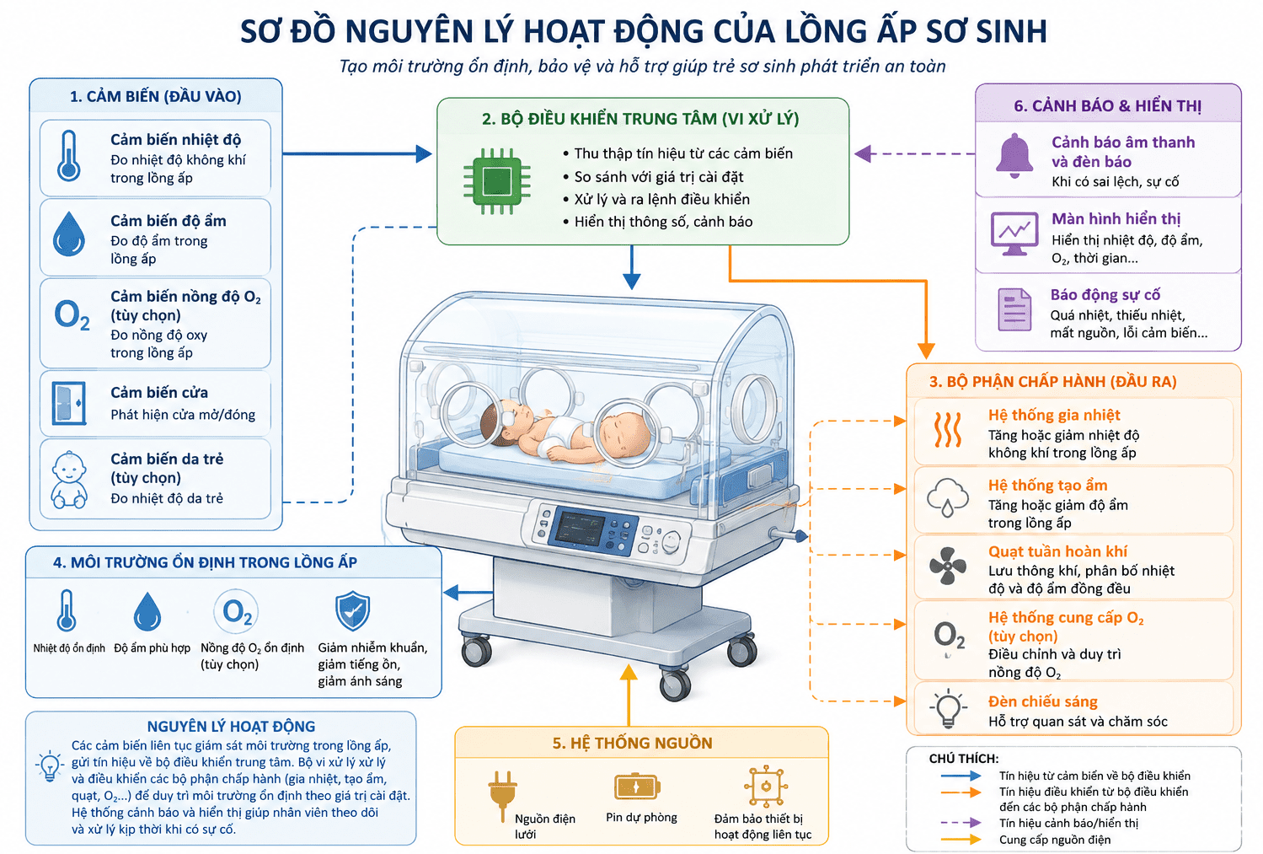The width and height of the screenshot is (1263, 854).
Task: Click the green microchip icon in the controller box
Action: [x=497, y=181]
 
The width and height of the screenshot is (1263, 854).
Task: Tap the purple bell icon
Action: [x=1014, y=155]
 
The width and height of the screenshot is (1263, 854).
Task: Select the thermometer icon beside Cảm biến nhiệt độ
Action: [x=69, y=156]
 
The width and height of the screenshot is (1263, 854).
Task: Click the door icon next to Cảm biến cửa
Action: [x=69, y=403]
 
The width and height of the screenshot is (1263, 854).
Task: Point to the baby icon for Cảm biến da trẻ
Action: [x=69, y=480]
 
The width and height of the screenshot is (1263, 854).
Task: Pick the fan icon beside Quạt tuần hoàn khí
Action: [x=948, y=566]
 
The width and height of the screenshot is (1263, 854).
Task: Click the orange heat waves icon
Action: [x=948, y=430]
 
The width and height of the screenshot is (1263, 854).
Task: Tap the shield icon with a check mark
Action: [x=352, y=611]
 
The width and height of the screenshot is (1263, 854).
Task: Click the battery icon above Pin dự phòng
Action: [x=637, y=787]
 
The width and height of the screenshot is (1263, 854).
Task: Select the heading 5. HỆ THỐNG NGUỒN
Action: [x=632, y=743]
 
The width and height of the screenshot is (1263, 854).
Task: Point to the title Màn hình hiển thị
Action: [x=1116, y=218]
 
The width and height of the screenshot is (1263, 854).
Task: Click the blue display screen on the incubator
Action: [x=580, y=529]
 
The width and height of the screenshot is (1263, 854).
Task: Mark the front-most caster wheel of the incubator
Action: [x=675, y=685]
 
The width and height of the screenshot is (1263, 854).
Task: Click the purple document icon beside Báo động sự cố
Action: [x=1014, y=309]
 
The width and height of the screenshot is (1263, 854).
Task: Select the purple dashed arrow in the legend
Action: [x=961, y=823]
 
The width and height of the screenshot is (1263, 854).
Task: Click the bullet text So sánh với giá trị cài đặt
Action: [x=659, y=176]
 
